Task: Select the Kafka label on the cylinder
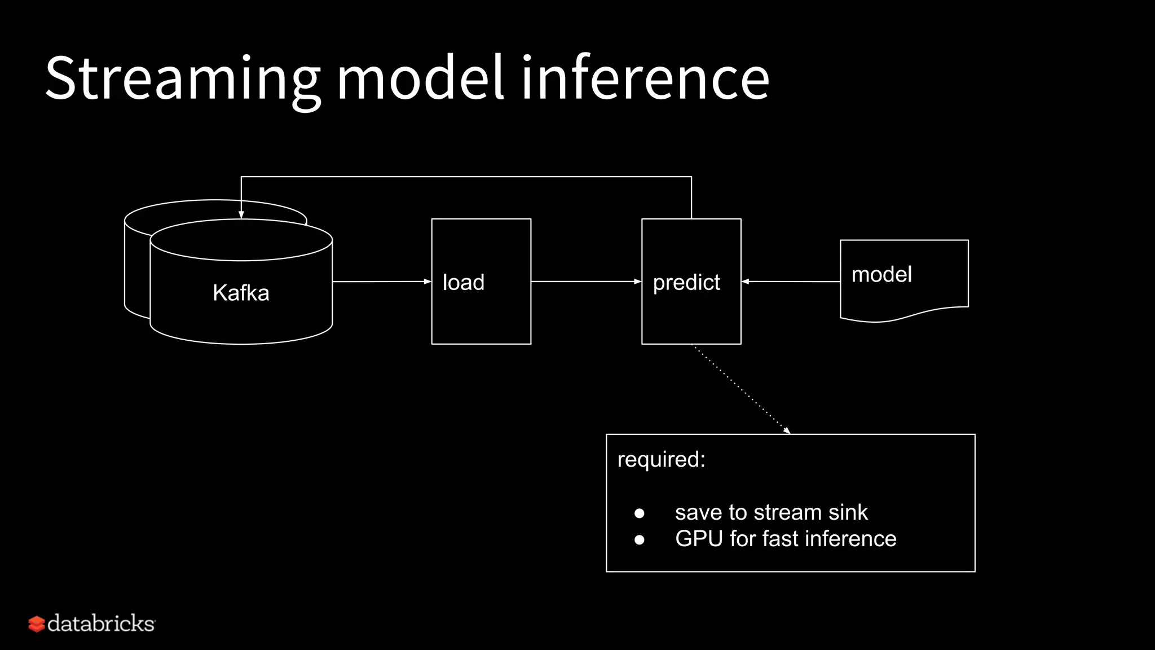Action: pos(241,293)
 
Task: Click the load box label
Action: pos(464,282)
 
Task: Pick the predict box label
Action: pos(686,282)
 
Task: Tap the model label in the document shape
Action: pos(881,275)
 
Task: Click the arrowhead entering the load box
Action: pos(427,281)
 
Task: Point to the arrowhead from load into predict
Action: pos(638,281)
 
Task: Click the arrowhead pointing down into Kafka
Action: pos(241,215)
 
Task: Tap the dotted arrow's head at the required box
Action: pos(787,431)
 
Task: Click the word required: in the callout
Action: pos(661,459)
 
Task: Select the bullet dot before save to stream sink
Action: pos(639,513)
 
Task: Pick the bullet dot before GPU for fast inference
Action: pos(639,539)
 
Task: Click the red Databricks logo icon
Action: pos(37,624)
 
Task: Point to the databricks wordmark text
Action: pos(102,623)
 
